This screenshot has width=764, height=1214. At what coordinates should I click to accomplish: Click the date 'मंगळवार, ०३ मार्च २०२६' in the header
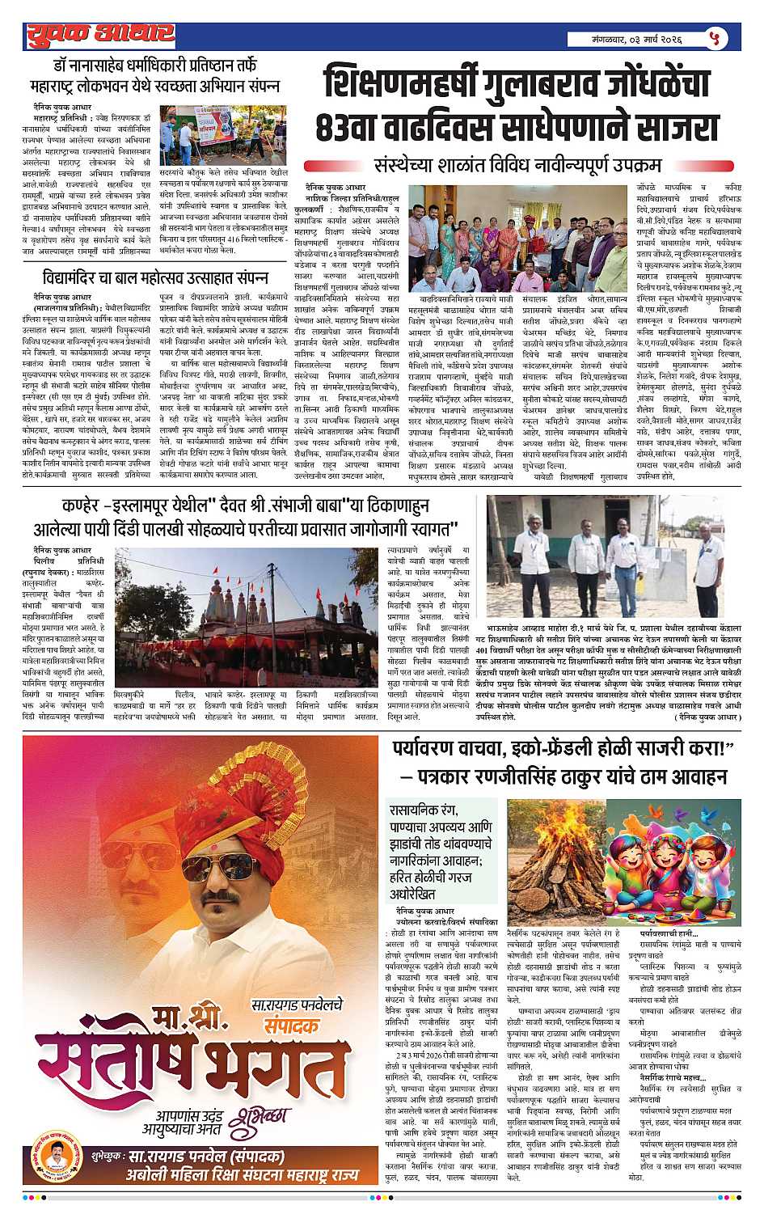click(639, 38)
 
